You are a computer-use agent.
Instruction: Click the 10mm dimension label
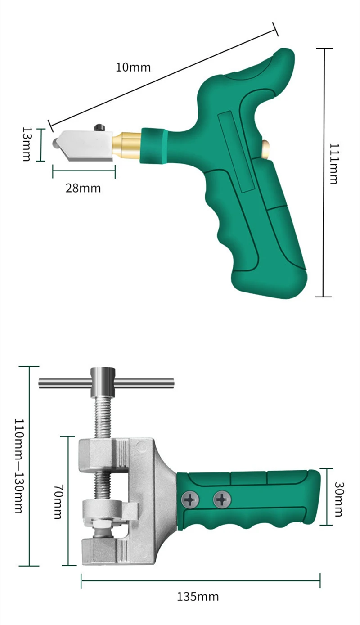point(133,67)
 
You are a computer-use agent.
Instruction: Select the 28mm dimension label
point(83,189)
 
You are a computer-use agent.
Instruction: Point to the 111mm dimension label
point(334,164)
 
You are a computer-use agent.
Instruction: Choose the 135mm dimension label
point(198,597)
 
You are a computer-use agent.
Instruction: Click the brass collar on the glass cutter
point(127,144)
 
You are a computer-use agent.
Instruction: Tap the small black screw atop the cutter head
point(99,128)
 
